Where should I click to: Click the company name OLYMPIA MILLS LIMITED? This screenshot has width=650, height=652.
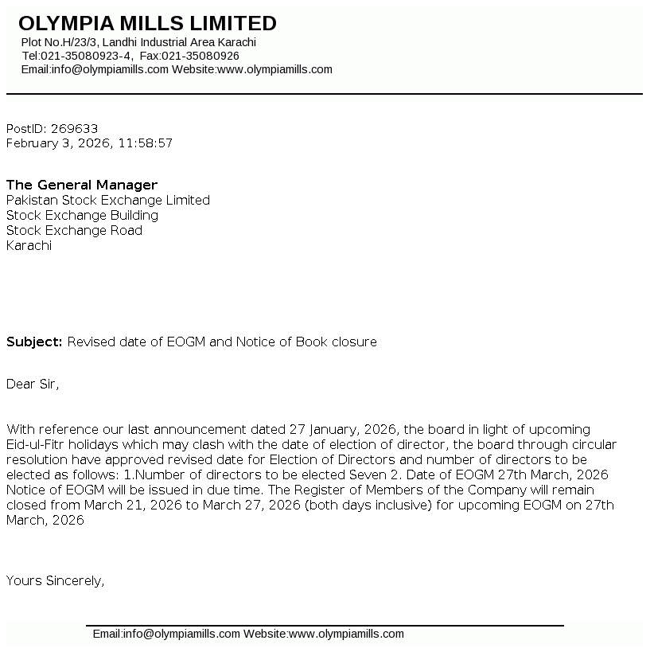tap(147, 23)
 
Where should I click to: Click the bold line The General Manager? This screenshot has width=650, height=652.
tap(82, 185)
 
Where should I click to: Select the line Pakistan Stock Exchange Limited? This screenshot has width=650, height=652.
tap(108, 200)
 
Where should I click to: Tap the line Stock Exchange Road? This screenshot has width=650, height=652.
tap(74, 230)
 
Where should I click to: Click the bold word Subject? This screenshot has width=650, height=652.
tap(34, 342)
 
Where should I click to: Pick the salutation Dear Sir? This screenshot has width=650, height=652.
tap(33, 384)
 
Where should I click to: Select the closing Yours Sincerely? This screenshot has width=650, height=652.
tap(56, 580)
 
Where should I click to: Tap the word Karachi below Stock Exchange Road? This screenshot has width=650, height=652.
tap(29, 245)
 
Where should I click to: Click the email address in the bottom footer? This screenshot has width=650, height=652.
tap(166, 634)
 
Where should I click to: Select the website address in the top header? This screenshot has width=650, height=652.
tap(274, 69)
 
